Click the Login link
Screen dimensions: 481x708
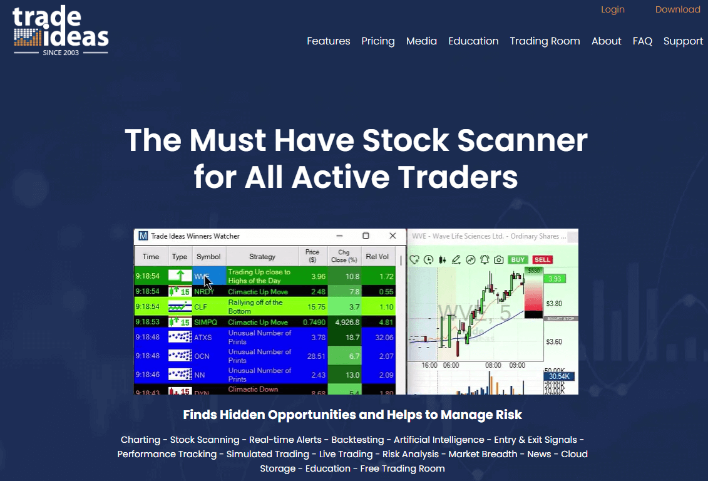pyautogui.click(x=612, y=9)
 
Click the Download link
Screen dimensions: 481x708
pyautogui.click(x=677, y=9)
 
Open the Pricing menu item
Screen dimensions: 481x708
pyautogui.click(x=377, y=41)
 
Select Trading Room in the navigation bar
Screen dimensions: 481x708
pyautogui.click(x=545, y=41)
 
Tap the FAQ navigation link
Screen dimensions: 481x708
pyautogui.click(x=642, y=41)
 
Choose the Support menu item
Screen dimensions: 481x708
pyautogui.click(x=683, y=41)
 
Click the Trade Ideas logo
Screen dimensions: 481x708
pyautogui.click(x=61, y=30)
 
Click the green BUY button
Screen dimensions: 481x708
pyautogui.click(x=518, y=259)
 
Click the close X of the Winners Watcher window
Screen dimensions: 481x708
pyautogui.click(x=392, y=236)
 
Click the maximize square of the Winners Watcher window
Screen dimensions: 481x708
pyautogui.click(x=366, y=236)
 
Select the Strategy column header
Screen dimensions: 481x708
pyautogui.click(x=262, y=256)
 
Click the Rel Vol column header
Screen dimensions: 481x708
pyautogui.click(x=377, y=256)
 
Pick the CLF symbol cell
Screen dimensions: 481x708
pyautogui.click(x=201, y=307)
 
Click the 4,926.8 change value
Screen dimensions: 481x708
pyautogui.click(x=346, y=322)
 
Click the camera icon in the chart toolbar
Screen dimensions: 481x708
pyautogui.click(x=499, y=259)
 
